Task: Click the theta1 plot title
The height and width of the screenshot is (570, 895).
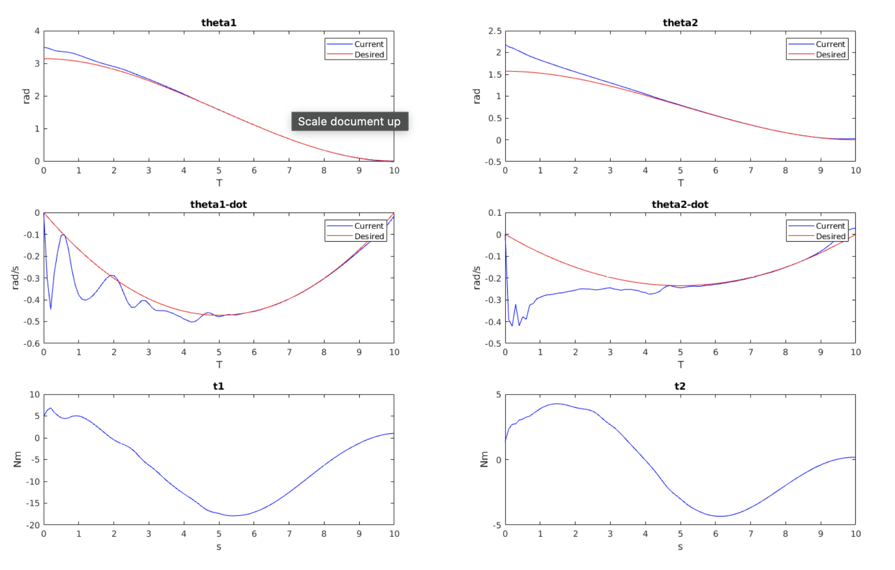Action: (218, 22)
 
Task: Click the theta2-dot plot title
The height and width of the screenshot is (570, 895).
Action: (680, 204)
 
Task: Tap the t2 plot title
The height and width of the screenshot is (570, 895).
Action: (680, 386)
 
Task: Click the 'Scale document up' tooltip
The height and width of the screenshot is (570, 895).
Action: (350, 121)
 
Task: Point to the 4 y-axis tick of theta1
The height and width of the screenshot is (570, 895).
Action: (37, 31)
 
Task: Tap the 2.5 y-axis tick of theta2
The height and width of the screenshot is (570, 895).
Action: (494, 31)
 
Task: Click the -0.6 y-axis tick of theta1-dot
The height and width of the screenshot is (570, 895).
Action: (32, 344)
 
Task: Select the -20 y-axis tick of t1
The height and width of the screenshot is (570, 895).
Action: (33, 525)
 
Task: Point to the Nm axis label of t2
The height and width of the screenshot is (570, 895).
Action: (484, 459)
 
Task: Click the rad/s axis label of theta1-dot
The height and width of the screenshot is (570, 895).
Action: (15, 278)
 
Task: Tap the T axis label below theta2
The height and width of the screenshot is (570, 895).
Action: (680, 183)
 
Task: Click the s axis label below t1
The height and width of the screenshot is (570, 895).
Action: (219, 547)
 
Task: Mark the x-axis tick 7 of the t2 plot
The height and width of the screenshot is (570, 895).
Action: (751, 534)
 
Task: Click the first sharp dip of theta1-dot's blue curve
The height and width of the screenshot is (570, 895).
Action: (51, 308)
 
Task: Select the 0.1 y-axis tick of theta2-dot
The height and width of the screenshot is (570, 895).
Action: (494, 213)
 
